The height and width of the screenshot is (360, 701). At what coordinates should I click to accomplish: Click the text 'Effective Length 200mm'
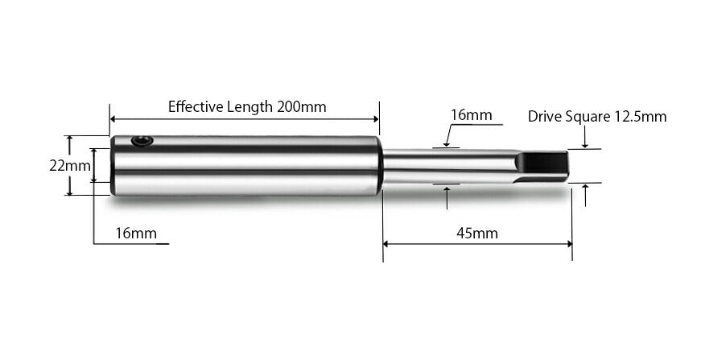click(247, 106)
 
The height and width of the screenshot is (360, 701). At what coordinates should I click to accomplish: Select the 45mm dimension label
click(477, 234)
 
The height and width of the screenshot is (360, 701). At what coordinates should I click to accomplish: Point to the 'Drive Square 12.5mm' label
click(597, 117)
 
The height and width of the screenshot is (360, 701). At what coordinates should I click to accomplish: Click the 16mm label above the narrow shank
click(471, 115)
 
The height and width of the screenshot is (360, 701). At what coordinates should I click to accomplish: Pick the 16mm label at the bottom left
click(135, 234)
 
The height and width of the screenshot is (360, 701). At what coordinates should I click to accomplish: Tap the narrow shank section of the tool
click(443, 166)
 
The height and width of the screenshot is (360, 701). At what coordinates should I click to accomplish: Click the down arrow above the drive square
click(585, 145)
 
